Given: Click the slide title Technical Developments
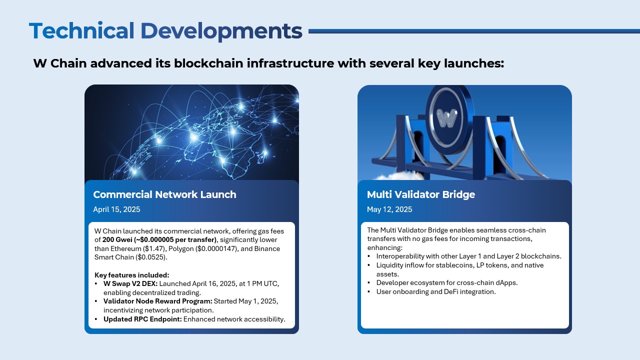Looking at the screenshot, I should click(x=165, y=31).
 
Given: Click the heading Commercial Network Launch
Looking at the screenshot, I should click(x=164, y=194).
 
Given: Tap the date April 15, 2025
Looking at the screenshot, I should click(x=116, y=209).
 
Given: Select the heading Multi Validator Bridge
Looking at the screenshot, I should click(x=420, y=194).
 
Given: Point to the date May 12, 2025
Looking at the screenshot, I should click(x=389, y=209).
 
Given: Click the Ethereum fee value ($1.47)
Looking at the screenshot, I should click(x=157, y=248).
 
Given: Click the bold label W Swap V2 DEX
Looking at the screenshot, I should click(x=130, y=283).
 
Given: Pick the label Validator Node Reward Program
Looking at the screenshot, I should click(x=157, y=301).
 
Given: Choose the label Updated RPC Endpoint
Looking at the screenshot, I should click(x=142, y=319).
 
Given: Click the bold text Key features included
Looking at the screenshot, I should click(x=132, y=275).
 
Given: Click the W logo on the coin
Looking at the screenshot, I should click(x=446, y=117).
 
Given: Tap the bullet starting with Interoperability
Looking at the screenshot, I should click(x=468, y=256).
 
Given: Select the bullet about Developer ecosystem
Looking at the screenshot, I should click(x=446, y=282).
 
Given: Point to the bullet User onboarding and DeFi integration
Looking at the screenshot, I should click(x=435, y=291).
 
